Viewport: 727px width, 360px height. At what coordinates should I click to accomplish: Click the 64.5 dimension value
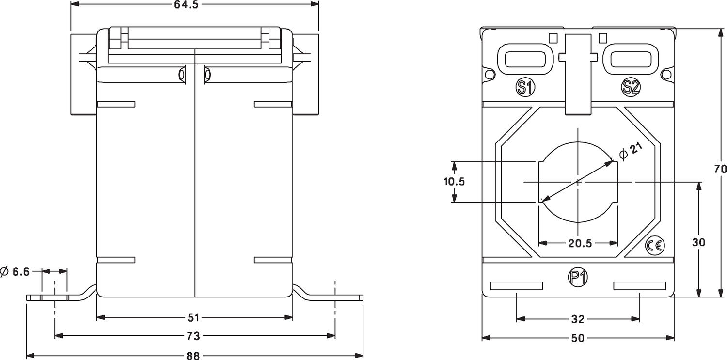(186, 5)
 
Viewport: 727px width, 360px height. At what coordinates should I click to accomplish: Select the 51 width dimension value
(193, 318)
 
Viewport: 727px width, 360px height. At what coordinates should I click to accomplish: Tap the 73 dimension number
(193, 336)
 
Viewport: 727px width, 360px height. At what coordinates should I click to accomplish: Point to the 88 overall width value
(193, 356)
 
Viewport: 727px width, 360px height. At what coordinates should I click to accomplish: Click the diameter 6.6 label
(16, 272)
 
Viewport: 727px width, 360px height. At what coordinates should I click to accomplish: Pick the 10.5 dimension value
(454, 182)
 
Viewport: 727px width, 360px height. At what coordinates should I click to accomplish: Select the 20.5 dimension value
(580, 243)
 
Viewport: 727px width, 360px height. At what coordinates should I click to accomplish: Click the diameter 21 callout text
(631, 152)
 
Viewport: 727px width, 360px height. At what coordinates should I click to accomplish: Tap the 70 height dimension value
(720, 169)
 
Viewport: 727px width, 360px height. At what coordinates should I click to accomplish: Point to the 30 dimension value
(699, 242)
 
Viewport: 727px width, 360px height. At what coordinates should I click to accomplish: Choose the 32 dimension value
(578, 319)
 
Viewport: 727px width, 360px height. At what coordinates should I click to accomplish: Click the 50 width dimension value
(578, 338)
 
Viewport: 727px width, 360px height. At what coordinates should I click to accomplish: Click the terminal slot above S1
(526, 59)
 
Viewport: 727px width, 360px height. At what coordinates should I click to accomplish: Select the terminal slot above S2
(630, 59)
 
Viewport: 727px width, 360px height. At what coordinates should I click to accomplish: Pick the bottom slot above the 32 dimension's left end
(517, 286)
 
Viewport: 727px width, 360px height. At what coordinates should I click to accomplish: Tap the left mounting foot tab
(48, 297)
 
